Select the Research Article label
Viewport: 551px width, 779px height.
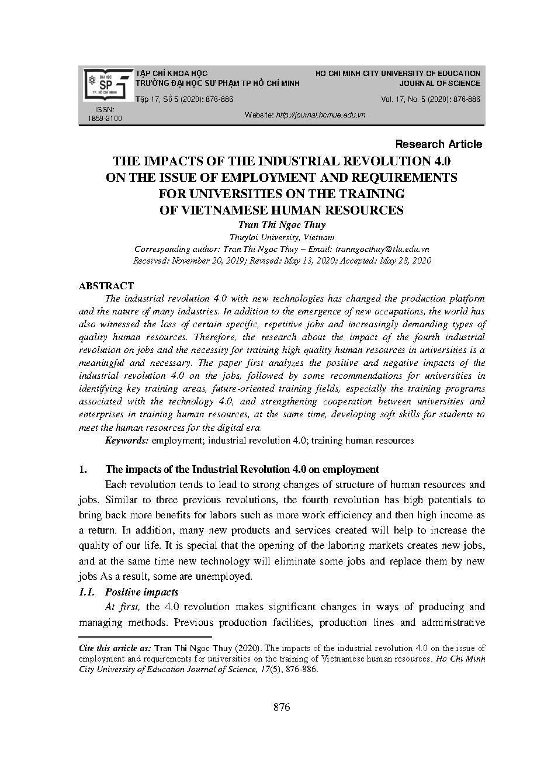439,144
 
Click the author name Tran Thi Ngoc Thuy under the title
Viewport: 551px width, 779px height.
282,224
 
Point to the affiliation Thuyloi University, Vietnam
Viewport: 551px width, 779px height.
282,237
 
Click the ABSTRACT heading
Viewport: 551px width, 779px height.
106,286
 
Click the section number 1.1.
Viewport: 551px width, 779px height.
86,592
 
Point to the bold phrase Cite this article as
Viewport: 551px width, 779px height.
115,648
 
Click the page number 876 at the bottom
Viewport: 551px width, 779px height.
282,707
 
